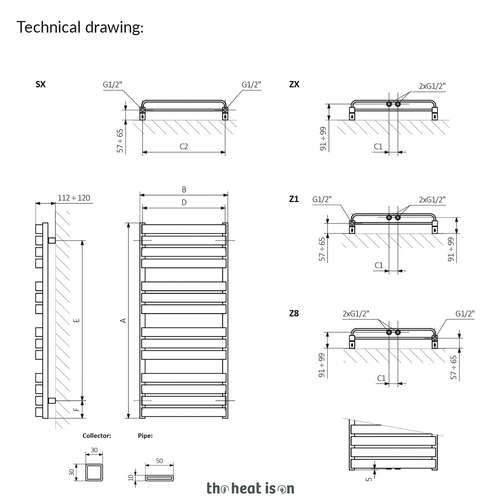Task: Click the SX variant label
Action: click(x=41, y=84)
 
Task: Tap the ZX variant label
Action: click(x=294, y=84)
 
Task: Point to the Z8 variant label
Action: click(x=294, y=313)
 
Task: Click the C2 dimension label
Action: click(x=184, y=147)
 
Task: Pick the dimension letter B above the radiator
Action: click(x=184, y=190)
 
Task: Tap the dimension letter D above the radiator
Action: click(x=184, y=203)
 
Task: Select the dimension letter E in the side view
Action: click(x=77, y=320)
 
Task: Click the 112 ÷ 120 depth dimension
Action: click(x=74, y=198)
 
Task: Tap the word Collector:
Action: click(x=97, y=436)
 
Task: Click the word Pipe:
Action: click(x=145, y=436)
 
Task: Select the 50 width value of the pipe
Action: click(x=160, y=461)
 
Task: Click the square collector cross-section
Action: click(x=94, y=472)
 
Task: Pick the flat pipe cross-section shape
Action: click(x=160, y=478)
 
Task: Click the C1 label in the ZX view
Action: click(x=378, y=147)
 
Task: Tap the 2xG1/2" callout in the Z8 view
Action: click(x=356, y=314)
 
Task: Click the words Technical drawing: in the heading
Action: click(x=80, y=27)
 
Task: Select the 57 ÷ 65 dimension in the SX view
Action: click(x=120, y=141)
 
